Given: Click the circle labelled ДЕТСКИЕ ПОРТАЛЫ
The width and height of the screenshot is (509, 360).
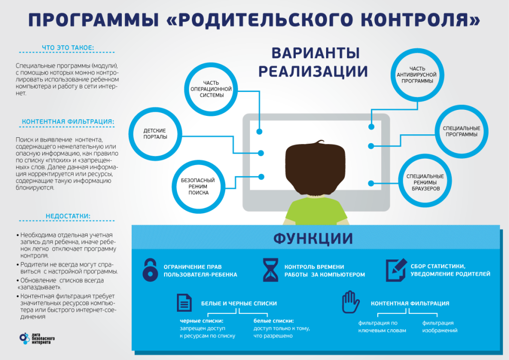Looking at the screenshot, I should pyautogui.click(x=155, y=133).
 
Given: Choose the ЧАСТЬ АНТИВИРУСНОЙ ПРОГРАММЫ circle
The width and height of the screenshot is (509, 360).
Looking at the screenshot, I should pyautogui.click(x=417, y=75).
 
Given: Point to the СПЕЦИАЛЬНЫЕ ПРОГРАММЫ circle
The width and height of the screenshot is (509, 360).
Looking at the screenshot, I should pyautogui.click(x=461, y=131).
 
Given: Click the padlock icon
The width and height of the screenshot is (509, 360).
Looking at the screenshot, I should pyautogui.click(x=150, y=270).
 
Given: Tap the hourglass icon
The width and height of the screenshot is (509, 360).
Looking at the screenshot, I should pyautogui.click(x=269, y=270).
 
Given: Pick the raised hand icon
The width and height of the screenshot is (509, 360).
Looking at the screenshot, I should pyautogui.click(x=350, y=302).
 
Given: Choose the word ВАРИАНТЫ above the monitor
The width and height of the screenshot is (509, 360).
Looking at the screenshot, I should pyautogui.click(x=316, y=53).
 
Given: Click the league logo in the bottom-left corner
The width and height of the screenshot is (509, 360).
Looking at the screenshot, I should pyautogui.click(x=38, y=339).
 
